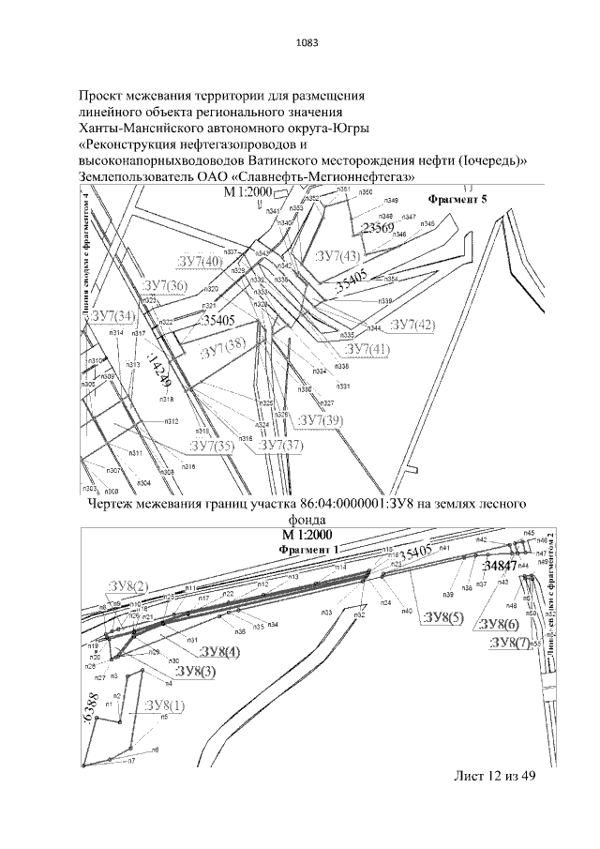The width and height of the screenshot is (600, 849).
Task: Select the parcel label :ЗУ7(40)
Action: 199,261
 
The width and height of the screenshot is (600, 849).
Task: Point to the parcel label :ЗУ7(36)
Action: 164,286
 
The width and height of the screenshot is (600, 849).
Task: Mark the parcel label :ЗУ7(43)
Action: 337,256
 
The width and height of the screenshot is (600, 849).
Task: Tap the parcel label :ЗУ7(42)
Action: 412,325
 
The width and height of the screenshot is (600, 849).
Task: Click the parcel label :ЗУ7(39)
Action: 321,419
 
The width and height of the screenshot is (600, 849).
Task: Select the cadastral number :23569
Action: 377,228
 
